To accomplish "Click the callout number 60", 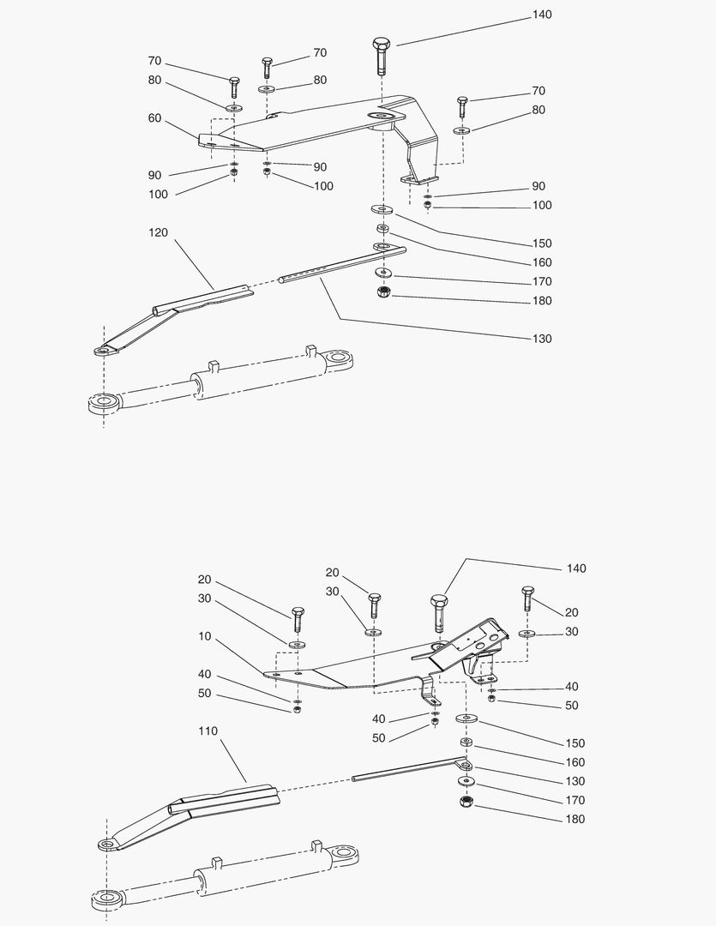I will [x=154, y=118].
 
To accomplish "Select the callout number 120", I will [x=159, y=232].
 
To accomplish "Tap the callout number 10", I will [x=204, y=636].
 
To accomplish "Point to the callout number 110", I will [x=208, y=731].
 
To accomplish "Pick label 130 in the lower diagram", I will [x=575, y=781].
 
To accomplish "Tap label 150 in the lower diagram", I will [x=575, y=743].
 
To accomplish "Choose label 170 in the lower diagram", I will [x=575, y=800].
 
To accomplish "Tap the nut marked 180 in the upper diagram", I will [x=382, y=293].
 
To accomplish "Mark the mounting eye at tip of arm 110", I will [x=106, y=845].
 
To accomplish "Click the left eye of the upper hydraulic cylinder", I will [x=104, y=401].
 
